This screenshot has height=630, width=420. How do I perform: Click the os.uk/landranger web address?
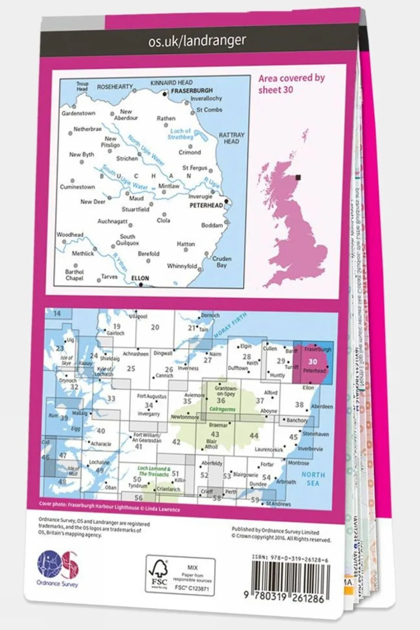click(197, 41)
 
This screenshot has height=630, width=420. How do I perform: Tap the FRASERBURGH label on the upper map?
click(192, 91)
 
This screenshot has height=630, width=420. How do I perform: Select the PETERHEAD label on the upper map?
click(206, 205)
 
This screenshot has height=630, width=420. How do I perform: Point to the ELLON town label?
click(140, 278)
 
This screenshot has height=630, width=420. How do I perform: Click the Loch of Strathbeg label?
click(180, 134)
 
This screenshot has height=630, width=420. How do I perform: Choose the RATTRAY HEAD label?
click(231, 138)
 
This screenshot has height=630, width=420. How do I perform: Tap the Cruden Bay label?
click(222, 262)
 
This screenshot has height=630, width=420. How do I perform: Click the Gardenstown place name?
click(78, 113)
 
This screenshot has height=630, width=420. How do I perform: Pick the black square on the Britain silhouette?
click(298, 177)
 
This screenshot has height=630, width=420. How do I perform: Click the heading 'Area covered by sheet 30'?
click(291, 84)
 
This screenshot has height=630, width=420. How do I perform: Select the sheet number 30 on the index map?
click(312, 362)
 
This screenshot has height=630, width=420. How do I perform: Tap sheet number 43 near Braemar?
click(215, 434)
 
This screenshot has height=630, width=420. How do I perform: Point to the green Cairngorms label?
click(222, 409)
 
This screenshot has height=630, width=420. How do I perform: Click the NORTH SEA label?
click(313, 479)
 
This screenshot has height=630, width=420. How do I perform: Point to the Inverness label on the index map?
click(188, 368)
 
